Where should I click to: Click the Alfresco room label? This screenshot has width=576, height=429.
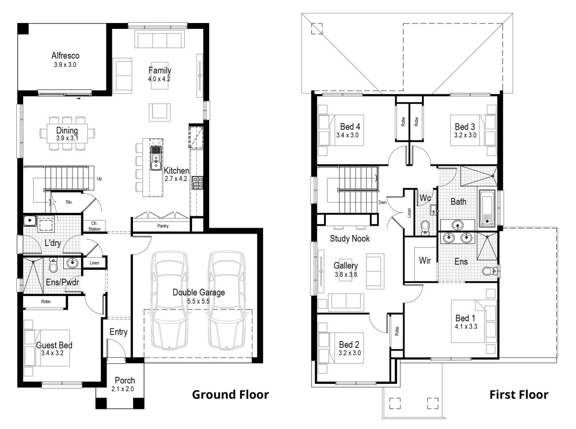pos(65,56)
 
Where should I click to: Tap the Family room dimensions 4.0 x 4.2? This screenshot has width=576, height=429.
pos(159,79)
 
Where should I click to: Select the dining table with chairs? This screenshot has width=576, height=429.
pos(67,134)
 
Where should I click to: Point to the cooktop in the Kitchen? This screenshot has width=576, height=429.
pos(197,182)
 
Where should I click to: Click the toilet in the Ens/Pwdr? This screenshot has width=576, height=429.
pos(54,265)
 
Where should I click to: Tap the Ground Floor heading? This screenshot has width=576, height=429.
pos(230,395)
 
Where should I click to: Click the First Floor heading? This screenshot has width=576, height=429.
pos(518,395)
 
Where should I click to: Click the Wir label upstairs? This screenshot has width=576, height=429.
pos(424,261)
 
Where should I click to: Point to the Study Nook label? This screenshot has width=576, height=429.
pos(349,238)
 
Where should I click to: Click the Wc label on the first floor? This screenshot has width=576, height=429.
pos(425,198)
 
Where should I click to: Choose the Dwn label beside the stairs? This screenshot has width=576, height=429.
pos(383,202)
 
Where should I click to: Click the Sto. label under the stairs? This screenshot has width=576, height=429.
pos(69,202)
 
